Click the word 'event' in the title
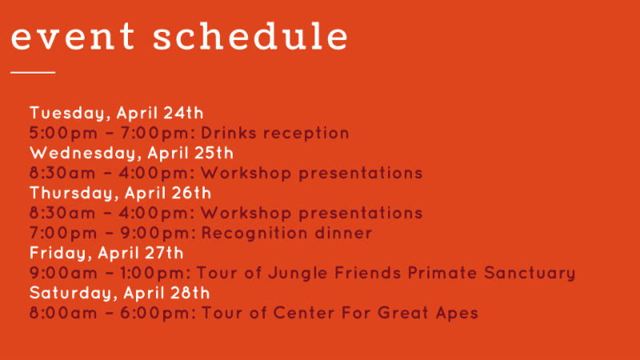click(73, 37)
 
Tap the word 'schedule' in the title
click(250, 36)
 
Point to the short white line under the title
click(33, 72)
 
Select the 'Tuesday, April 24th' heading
click(116, 113)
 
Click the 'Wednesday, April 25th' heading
click(131, 153)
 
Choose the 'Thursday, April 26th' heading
click(121, 193)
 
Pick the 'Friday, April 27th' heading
click(106, 253)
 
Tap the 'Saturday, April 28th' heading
click(119, 293)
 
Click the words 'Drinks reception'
click(275, 133)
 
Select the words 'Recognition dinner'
click(287, 233)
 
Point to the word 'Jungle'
click(298, 273)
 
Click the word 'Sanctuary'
click(530, 273)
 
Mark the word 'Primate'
click(442, 273)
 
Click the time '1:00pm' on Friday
click(155, 273)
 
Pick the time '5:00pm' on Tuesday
click(64, 133)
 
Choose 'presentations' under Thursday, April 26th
click(361, 213)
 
